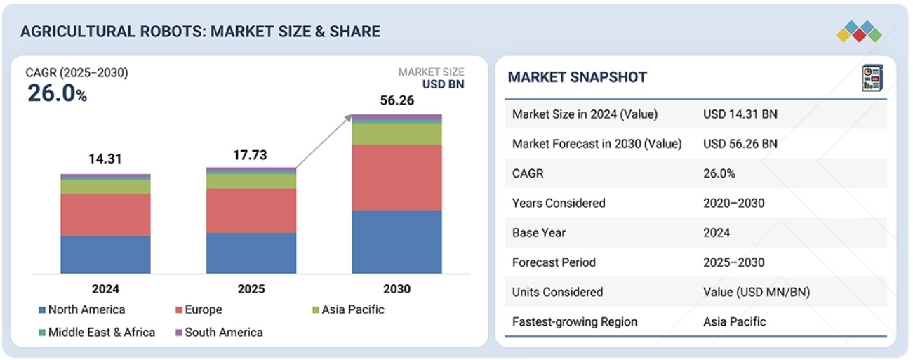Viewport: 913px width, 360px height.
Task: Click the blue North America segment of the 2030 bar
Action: click(396, 241)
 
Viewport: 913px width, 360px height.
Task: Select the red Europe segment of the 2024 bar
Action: click(105, 215)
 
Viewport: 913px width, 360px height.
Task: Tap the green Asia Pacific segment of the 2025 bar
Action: click(251, 181)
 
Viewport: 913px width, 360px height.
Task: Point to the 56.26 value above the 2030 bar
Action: click(396, 101)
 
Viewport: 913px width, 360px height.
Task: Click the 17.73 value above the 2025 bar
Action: click(251, 156)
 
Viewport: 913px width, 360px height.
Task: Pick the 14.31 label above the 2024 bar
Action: click(105, 159)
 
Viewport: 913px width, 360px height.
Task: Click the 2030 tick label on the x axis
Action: click(396, 288)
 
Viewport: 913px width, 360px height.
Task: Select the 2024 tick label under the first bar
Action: click(105, 288)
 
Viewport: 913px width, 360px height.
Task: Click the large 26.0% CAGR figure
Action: click(57, 93)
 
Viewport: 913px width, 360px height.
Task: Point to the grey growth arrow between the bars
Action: click(324, 142)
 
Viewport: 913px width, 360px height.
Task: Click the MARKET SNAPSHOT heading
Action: click(577, 77)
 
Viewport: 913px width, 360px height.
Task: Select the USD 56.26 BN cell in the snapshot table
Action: click(740, 144)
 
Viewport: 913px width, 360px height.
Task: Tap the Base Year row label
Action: click(538, 233)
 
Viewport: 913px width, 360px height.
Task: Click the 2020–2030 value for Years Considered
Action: click(733, 204)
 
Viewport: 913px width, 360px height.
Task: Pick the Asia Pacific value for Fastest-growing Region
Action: click(734, 322)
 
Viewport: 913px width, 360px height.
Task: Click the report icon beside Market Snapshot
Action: click(870, 77)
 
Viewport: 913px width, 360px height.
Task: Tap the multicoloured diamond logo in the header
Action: click(858, 32)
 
